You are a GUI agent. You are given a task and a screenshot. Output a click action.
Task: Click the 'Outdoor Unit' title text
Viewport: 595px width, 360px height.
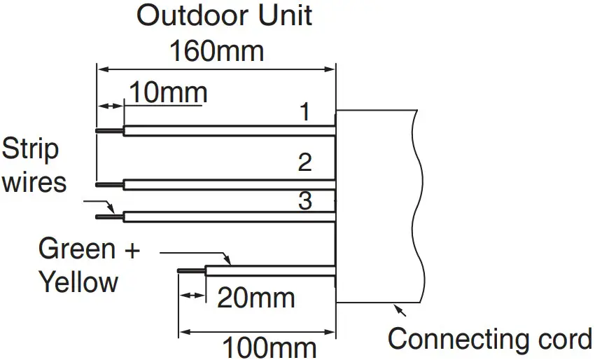tap(224, 16)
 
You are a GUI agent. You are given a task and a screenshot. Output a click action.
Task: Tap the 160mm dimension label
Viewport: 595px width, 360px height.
tap(217, 50)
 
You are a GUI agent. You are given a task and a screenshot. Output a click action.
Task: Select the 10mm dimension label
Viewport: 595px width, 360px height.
tap(167, 92)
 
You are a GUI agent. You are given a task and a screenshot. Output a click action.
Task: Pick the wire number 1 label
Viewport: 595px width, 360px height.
tap(304, 112)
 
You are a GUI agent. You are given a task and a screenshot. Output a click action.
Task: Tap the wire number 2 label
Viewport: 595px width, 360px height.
tap(304, 162)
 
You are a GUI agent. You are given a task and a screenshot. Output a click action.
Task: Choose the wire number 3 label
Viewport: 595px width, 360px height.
tap(304, 202)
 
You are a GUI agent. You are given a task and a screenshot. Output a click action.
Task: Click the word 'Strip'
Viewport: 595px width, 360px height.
tap(31, 149)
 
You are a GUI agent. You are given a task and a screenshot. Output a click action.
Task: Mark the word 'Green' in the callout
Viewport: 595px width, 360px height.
tap(76, 249)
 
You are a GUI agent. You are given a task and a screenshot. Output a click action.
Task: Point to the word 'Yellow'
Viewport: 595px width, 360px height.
tap(78, 282)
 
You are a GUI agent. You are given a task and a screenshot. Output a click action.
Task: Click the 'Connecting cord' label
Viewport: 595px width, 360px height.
tap(490, 340)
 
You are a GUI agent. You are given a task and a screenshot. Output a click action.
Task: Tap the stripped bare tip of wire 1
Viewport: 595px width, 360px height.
tap(109, 130)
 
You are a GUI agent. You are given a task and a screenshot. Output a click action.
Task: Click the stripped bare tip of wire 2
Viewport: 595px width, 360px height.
tap(109, 184)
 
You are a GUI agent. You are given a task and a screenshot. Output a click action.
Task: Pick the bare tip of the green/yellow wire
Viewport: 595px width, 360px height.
tap(192, 269)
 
